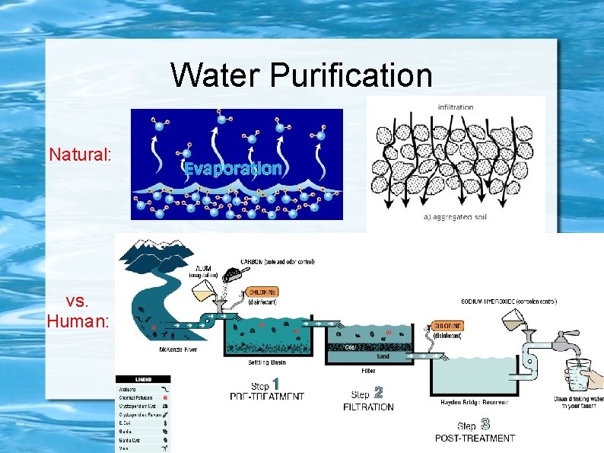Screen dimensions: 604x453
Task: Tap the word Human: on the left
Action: (78, 322)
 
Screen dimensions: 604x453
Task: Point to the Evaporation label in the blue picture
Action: (233, 168)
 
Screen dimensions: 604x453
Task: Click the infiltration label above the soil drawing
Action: (456, 107)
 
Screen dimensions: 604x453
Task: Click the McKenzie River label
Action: (179, 349)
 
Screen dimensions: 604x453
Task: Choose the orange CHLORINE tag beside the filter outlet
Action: (448, 325)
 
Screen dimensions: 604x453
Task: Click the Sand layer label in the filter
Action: (383, 356)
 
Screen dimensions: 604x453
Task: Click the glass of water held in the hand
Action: (580, 376)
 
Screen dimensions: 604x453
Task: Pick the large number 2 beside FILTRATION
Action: (378, 392)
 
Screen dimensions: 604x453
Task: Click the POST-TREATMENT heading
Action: (475, 438)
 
